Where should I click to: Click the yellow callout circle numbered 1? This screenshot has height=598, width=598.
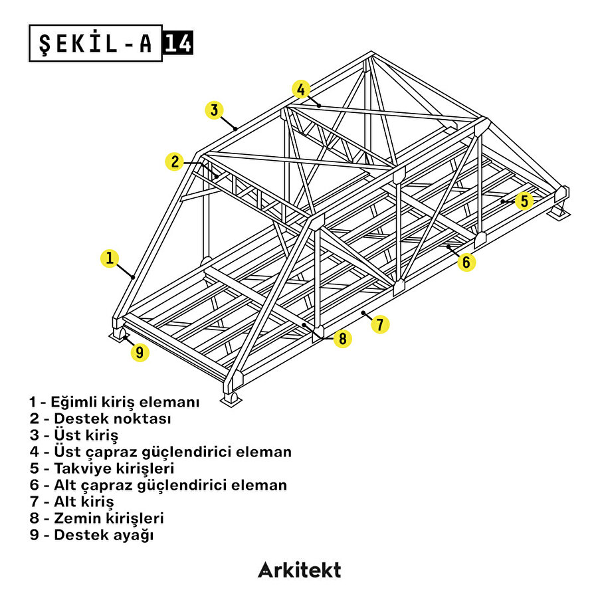pyautogui.click(x=110, y=258)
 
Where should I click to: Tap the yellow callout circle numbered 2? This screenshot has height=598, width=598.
pyautogui.click(x=175, y=161)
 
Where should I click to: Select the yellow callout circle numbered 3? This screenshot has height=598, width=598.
pyautogui.click(x=213, y=110)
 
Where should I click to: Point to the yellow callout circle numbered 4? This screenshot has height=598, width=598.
pyautogui.click(x=301, y=89)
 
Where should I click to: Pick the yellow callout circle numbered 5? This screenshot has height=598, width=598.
pyautogui.click(x=524, y=201)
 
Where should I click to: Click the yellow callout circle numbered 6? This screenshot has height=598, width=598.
pyautogui.click(x=466, y=262)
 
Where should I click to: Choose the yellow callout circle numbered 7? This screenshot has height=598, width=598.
pyautogui.click(x=380, y=324)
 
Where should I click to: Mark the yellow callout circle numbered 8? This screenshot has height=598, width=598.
pyautogui.click(x=342, y=339)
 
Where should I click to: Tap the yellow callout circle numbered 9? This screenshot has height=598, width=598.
pyautogui.click(x=140, y=352)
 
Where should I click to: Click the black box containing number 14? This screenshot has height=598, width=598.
pyautogui.click(x=178, y=43)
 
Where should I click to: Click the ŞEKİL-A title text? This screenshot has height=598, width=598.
pyautogui.click(x=96, y=43)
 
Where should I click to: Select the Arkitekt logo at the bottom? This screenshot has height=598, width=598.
pyautogui.click(x=299, y=570)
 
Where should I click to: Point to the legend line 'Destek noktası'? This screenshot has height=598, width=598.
pyautogui.click(x=100, y=419)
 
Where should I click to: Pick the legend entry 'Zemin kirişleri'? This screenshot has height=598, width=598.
pyautogui.click(x=96, y=518)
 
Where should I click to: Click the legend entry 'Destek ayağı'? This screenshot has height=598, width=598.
pyautogui.click(x=91, y=535)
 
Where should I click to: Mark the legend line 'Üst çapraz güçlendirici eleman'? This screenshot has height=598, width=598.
pyautogui.click(x=160, y=452)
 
